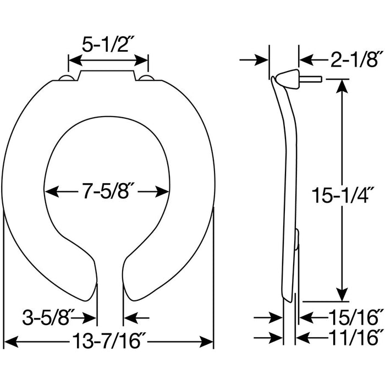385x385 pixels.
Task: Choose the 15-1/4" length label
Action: pyautogui.click(x=343, y=195)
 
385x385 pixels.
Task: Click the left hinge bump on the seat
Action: pyautogui.click(x=67, y=78)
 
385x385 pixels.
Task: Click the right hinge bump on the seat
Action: pyautogui.click(x=146, y=78)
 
